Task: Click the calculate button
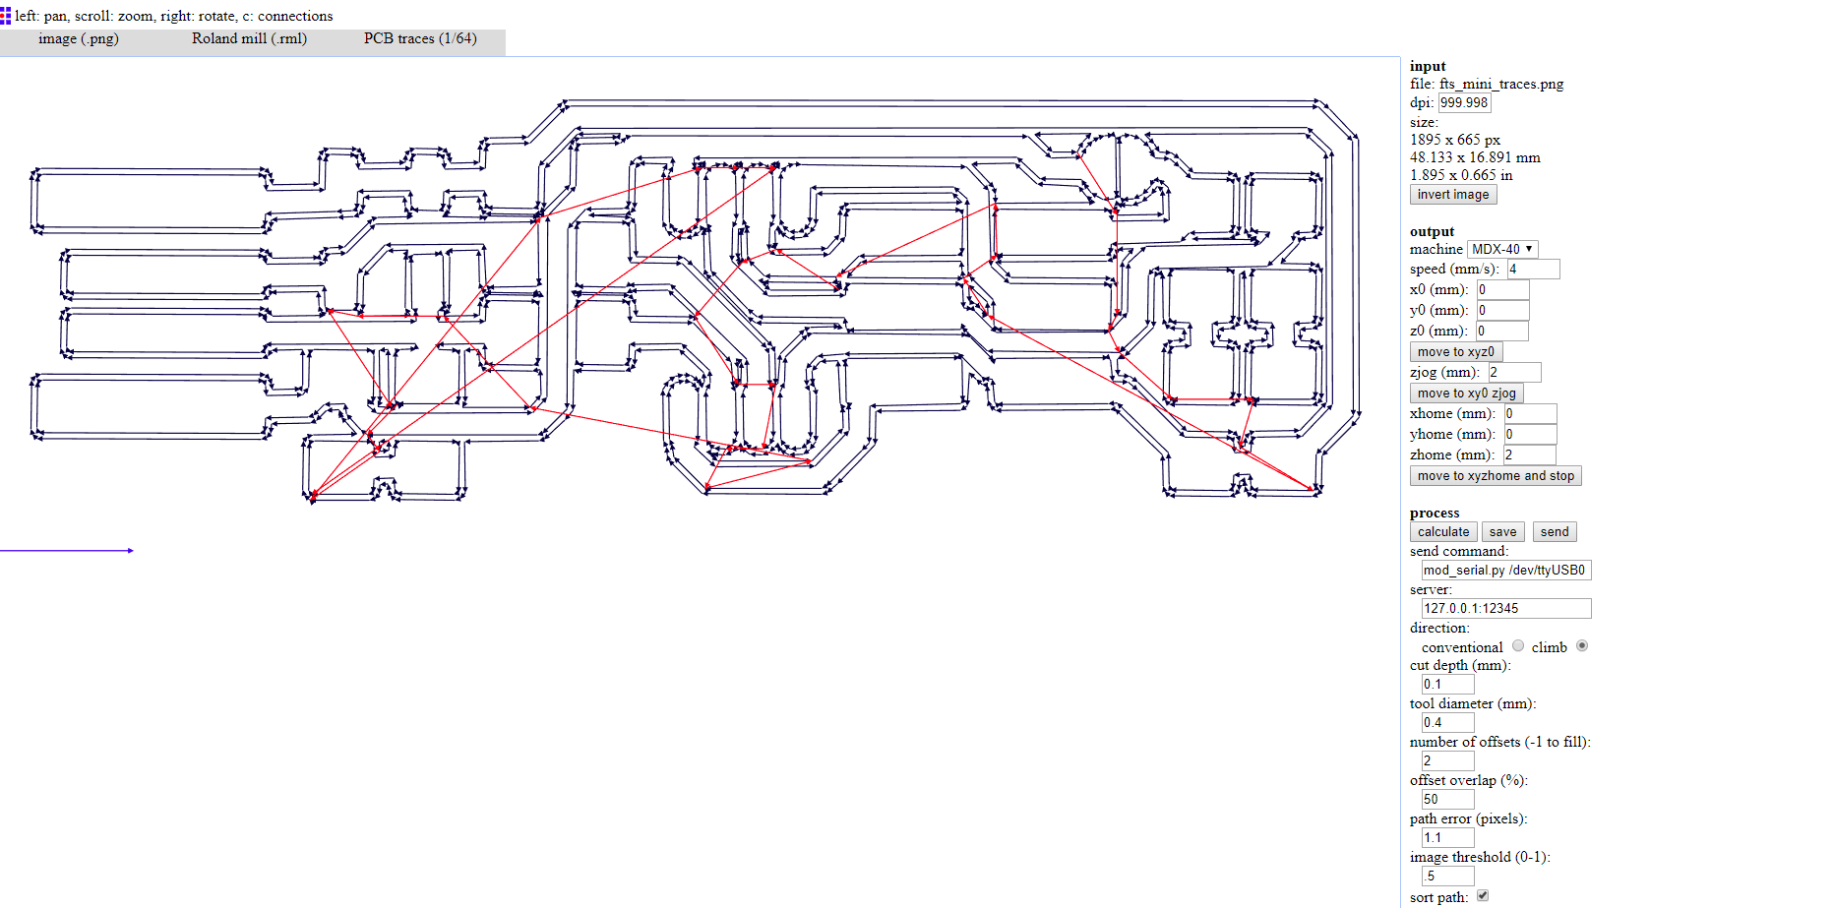(x=1442, y=532)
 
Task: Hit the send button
(x=1554, y=532)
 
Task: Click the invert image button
(x=1452, y=195)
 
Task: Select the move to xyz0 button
(x=1455, y=352)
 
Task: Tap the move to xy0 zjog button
(x=1466, y=393)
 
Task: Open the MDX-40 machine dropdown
(x=1501, y=250)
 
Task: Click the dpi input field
(x=1463, y=103)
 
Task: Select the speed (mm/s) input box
(x=1532, y=270)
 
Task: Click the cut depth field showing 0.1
(x=1446, y=685)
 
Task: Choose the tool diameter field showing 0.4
(x=1446, y=723)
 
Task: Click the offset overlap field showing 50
(x=1446, y=800)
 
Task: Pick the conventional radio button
(x=1518, y=646)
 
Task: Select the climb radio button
(x=1582, y=646)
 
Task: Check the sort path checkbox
(x=1483, y=896)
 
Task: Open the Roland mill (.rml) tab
(x=249, y=39)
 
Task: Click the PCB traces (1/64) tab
(x=420, y=39)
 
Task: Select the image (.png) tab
(x=79, y=39)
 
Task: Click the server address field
(x=1505, y=609)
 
